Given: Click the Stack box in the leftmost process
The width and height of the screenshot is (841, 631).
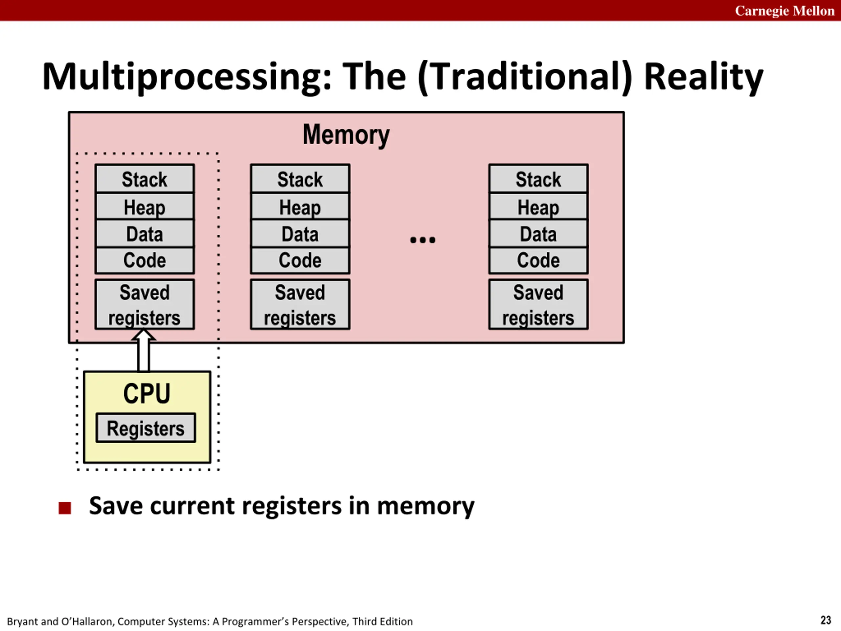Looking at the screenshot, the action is coord(145,179).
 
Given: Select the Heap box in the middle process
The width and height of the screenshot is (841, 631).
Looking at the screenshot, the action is coord(300,206).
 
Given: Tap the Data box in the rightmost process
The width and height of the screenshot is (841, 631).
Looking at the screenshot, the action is coord(538,234).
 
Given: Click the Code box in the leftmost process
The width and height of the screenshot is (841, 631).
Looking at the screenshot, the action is coord(145,261).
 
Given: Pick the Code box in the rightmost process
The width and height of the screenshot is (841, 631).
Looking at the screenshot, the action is coord(538,261).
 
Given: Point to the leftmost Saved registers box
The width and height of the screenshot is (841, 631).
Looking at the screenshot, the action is coord(145,304).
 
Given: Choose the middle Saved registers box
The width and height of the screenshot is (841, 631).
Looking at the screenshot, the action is coord(300,304).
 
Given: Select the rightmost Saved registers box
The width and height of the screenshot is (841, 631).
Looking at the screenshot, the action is coord(538,304).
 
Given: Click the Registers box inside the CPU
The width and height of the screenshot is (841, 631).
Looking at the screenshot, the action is coord(146,428).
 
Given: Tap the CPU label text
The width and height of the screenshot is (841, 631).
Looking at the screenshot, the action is coord(147,393).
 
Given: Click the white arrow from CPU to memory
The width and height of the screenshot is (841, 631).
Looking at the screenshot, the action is coord(143,350).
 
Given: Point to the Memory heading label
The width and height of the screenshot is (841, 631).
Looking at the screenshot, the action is coord(346,135).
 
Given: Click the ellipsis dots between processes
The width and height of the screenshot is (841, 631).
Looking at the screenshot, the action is coord(423,240).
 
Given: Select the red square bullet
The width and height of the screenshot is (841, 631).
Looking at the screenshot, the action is coord(65,508).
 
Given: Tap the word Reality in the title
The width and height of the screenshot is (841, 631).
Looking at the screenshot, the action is coord(703,77).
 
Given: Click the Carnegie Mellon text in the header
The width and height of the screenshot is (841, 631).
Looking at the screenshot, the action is coord(784,11).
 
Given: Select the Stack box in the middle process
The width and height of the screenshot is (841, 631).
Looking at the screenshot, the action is coord(300,179).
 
